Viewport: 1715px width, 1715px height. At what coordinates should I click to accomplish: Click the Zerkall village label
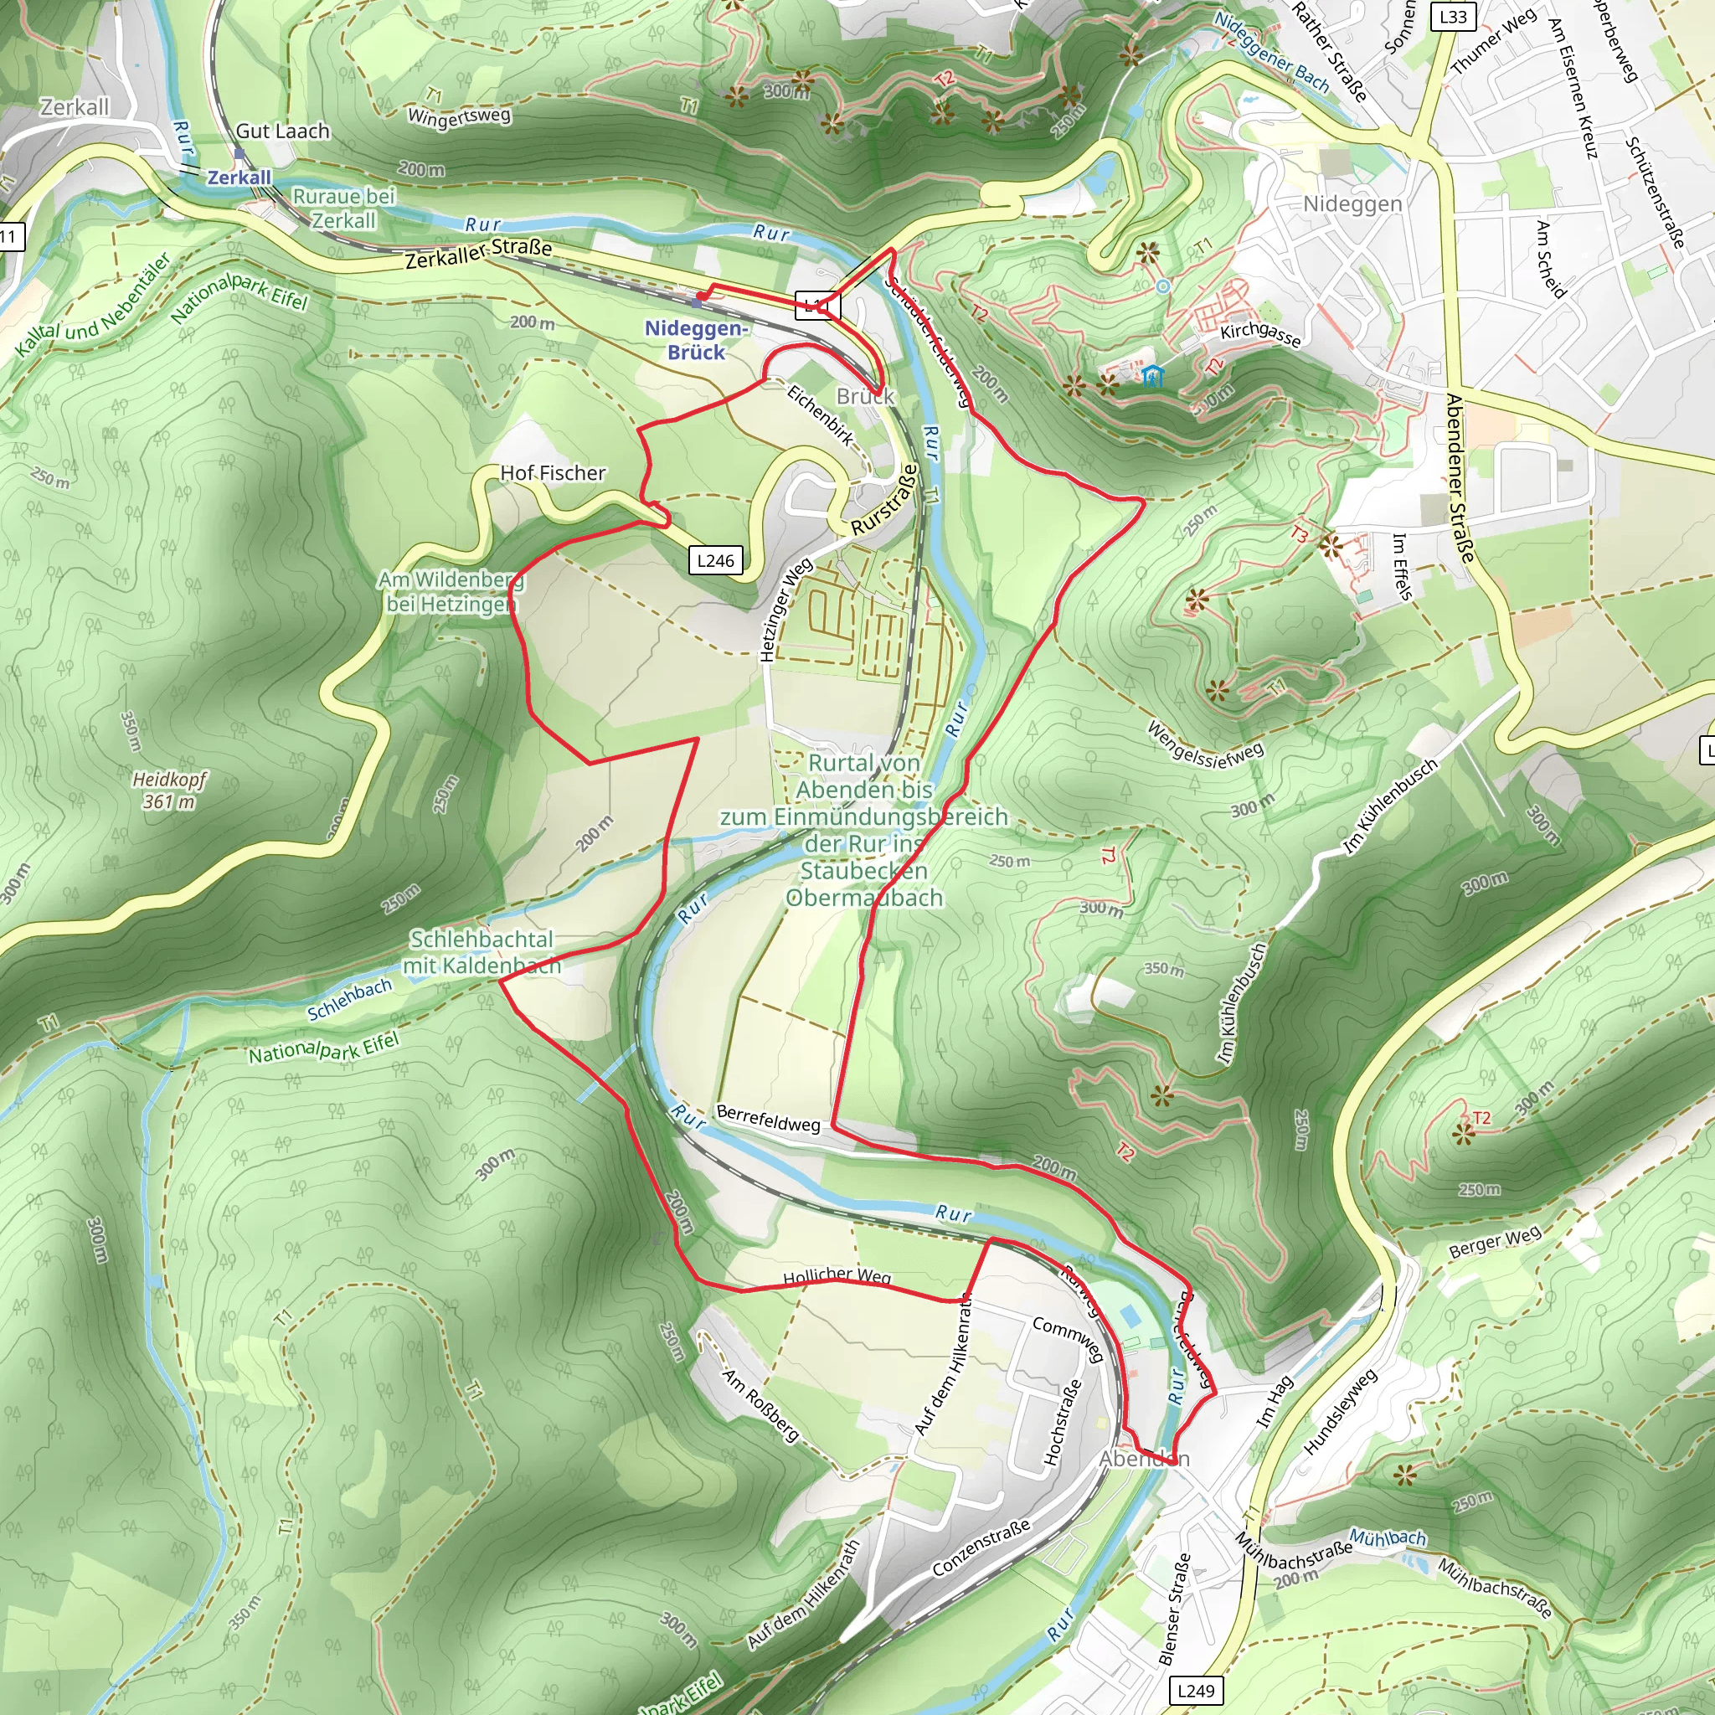pos(75,107)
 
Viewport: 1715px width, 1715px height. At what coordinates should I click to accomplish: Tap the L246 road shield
pos(715,560)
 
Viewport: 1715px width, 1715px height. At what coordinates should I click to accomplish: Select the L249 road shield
pos(1195,1690)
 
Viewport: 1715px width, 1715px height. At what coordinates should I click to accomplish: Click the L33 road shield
pos(1452,16)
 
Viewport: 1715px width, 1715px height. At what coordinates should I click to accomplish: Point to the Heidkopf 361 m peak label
pos(168,790)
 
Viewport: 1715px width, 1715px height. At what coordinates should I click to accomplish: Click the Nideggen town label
pos(1352,204)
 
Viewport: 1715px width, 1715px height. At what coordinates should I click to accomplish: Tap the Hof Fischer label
pos(552,473)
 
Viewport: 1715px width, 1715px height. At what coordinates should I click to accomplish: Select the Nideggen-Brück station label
pos(696,340)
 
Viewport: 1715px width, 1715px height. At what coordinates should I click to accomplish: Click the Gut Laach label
pos(282,131)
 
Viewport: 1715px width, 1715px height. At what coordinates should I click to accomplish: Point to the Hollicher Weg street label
pos(837,1275)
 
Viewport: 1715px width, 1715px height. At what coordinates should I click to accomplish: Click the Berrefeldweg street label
pos(768,1119)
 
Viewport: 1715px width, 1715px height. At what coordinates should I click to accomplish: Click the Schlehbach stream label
pos(349,1000)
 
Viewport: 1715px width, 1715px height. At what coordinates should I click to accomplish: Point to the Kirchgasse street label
pos(1260,334)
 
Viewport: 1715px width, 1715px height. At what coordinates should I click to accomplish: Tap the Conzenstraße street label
pos(981,1548)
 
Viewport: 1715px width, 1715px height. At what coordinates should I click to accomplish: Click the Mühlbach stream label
pos(1388,1537)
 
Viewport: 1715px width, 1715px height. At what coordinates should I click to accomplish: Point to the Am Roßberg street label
pos(760,1404)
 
